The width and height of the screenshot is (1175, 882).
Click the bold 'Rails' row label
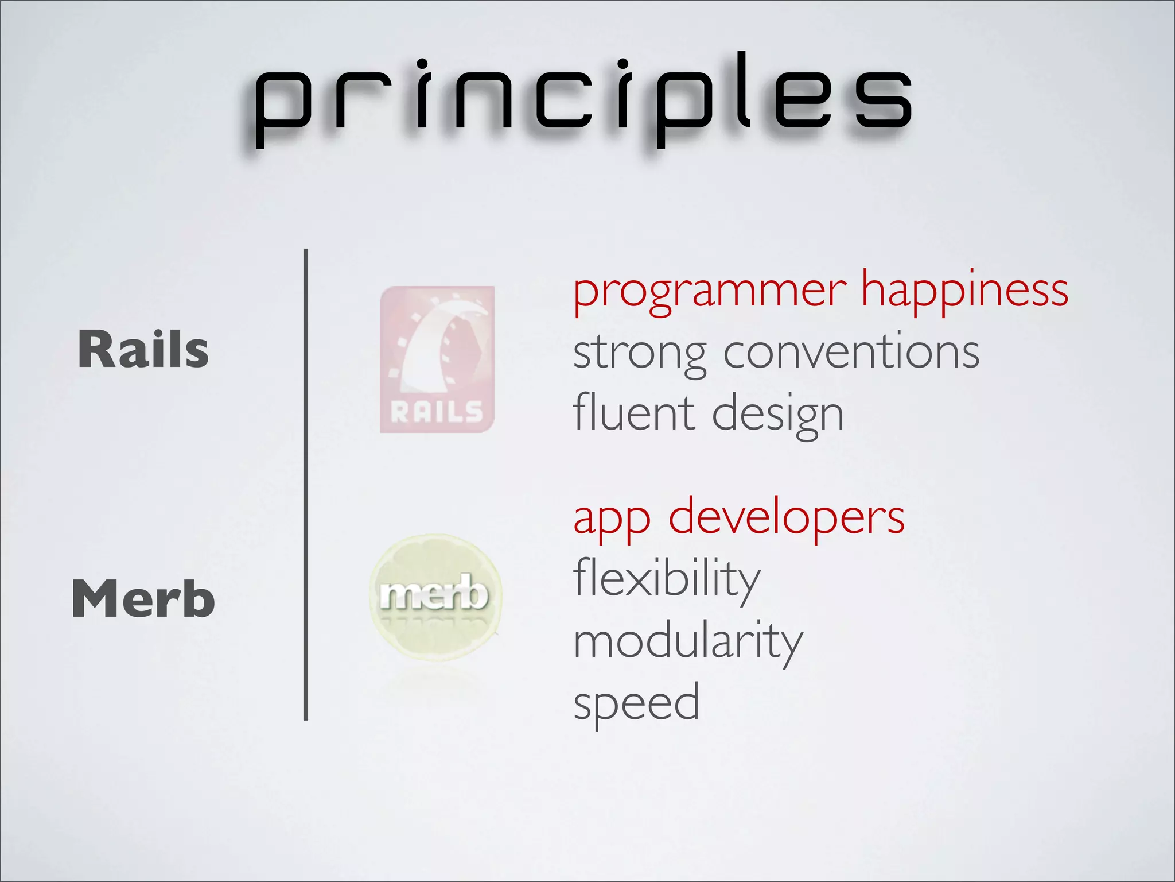coord(143,349)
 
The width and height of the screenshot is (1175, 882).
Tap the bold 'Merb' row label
coord(143,598)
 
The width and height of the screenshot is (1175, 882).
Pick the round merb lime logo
coord(435,597)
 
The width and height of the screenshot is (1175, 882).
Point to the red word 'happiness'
coord(965,291)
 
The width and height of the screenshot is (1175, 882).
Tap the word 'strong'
coord(640,353)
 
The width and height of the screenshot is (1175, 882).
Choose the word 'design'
coord(778,415)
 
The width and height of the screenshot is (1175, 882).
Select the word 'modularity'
coord(688,642)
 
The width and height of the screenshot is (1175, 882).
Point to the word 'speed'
coord(636,704)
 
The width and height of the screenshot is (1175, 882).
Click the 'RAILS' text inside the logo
coord(437,412)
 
